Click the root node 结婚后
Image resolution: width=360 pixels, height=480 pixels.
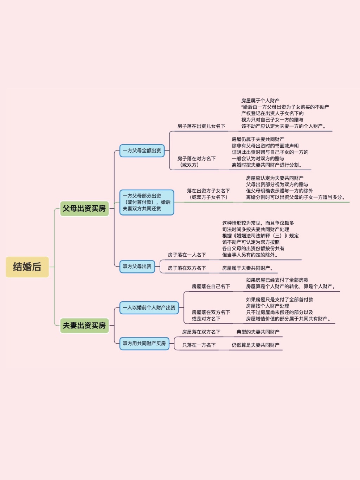27,267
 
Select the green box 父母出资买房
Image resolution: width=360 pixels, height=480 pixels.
84,209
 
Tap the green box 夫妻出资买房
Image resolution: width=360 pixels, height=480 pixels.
84,326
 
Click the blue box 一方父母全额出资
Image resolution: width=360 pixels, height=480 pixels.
142,151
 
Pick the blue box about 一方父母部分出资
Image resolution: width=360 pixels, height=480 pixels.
146,202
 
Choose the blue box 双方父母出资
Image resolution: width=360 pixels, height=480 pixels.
137,267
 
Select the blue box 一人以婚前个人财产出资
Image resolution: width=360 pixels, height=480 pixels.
149,308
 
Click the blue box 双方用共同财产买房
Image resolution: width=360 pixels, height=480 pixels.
144,344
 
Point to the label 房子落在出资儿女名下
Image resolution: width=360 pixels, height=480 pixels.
201,126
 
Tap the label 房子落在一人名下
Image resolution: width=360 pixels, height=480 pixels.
187,255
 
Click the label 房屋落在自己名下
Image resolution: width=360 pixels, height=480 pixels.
211,287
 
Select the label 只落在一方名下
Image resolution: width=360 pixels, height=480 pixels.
199,345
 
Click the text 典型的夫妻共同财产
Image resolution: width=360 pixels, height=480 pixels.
258,332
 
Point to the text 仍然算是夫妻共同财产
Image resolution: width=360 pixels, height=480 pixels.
255,345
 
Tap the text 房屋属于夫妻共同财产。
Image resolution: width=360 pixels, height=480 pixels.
247,268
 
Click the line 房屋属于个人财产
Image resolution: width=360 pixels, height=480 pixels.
260,101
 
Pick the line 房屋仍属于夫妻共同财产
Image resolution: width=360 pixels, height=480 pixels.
258,139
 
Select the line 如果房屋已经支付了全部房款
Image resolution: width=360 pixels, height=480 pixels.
277,280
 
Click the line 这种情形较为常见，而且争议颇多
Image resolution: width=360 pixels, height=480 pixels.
258,223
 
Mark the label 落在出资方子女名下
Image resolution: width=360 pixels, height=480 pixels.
208,191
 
